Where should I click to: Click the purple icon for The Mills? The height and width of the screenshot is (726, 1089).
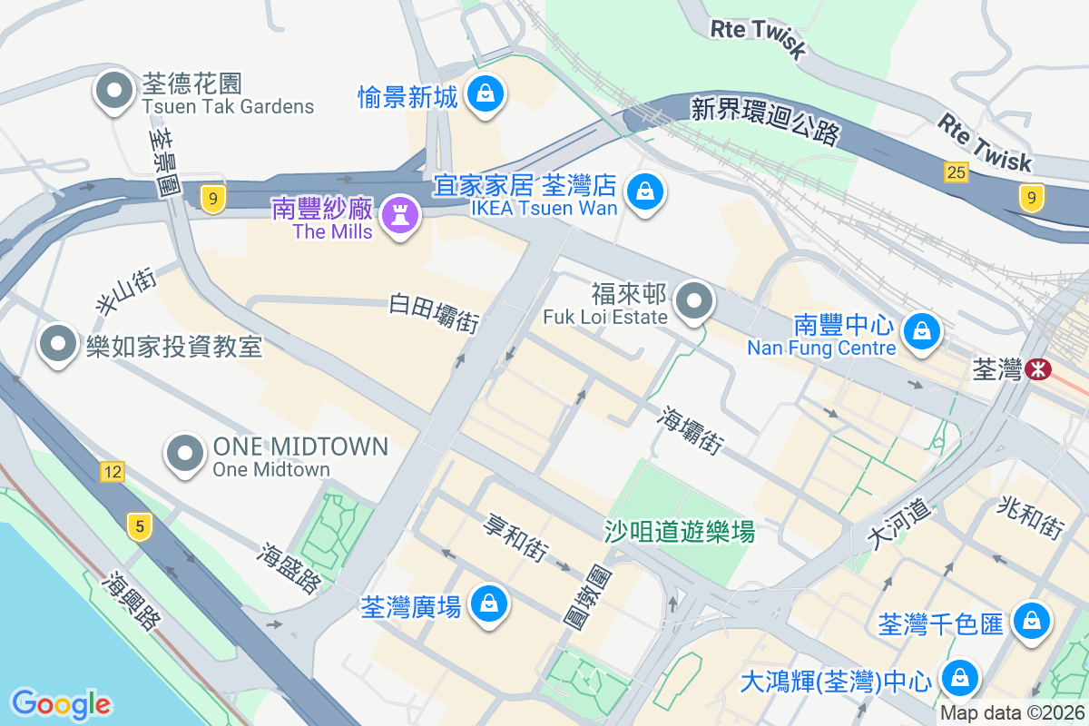point(397,216)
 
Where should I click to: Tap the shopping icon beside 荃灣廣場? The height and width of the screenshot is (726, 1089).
point(488,603)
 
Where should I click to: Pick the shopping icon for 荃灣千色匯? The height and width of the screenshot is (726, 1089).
point(1032,623)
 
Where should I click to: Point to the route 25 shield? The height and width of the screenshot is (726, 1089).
point(956,172)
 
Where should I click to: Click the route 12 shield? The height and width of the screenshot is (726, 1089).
point(112,472)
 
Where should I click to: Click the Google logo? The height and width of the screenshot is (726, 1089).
point(61,704)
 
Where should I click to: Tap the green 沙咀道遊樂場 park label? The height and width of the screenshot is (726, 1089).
point(680,531)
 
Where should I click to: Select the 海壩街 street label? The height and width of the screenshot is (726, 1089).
point(692,431)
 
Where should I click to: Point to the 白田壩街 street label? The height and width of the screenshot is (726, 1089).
point(434,311)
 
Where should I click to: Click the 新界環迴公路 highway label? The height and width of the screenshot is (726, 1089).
point(765,121)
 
